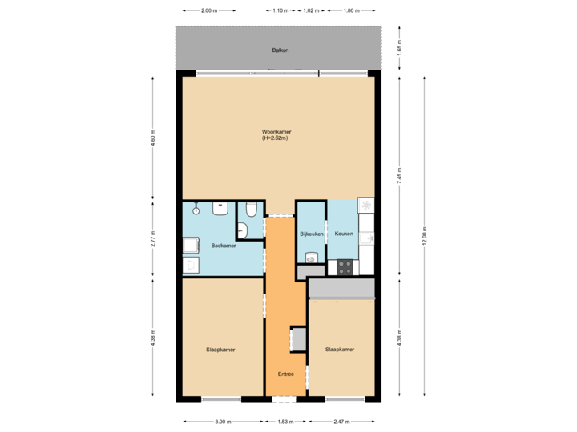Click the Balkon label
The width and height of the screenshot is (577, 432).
coord(280,50)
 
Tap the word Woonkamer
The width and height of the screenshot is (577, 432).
coord(276,132)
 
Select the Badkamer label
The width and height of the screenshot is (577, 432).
coord(223,246)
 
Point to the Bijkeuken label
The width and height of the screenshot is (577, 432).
coord(311,234)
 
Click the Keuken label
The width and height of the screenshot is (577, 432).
coord(344,234)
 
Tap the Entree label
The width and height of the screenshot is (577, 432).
coord(286,374)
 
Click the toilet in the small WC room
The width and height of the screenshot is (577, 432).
coord(252,210)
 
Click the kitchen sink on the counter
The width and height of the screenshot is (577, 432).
coord(366,238)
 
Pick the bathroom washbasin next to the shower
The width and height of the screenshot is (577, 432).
coord(220,209)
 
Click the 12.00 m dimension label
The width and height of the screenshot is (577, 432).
coord(425,236)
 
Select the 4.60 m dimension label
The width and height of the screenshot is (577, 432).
coord(152,138)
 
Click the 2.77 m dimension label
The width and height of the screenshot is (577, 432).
coord(152,238)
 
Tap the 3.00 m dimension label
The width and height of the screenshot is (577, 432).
coord(222,421)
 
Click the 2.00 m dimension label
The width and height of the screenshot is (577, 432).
coord(208,10)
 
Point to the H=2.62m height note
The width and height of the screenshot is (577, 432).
coord(274,138)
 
